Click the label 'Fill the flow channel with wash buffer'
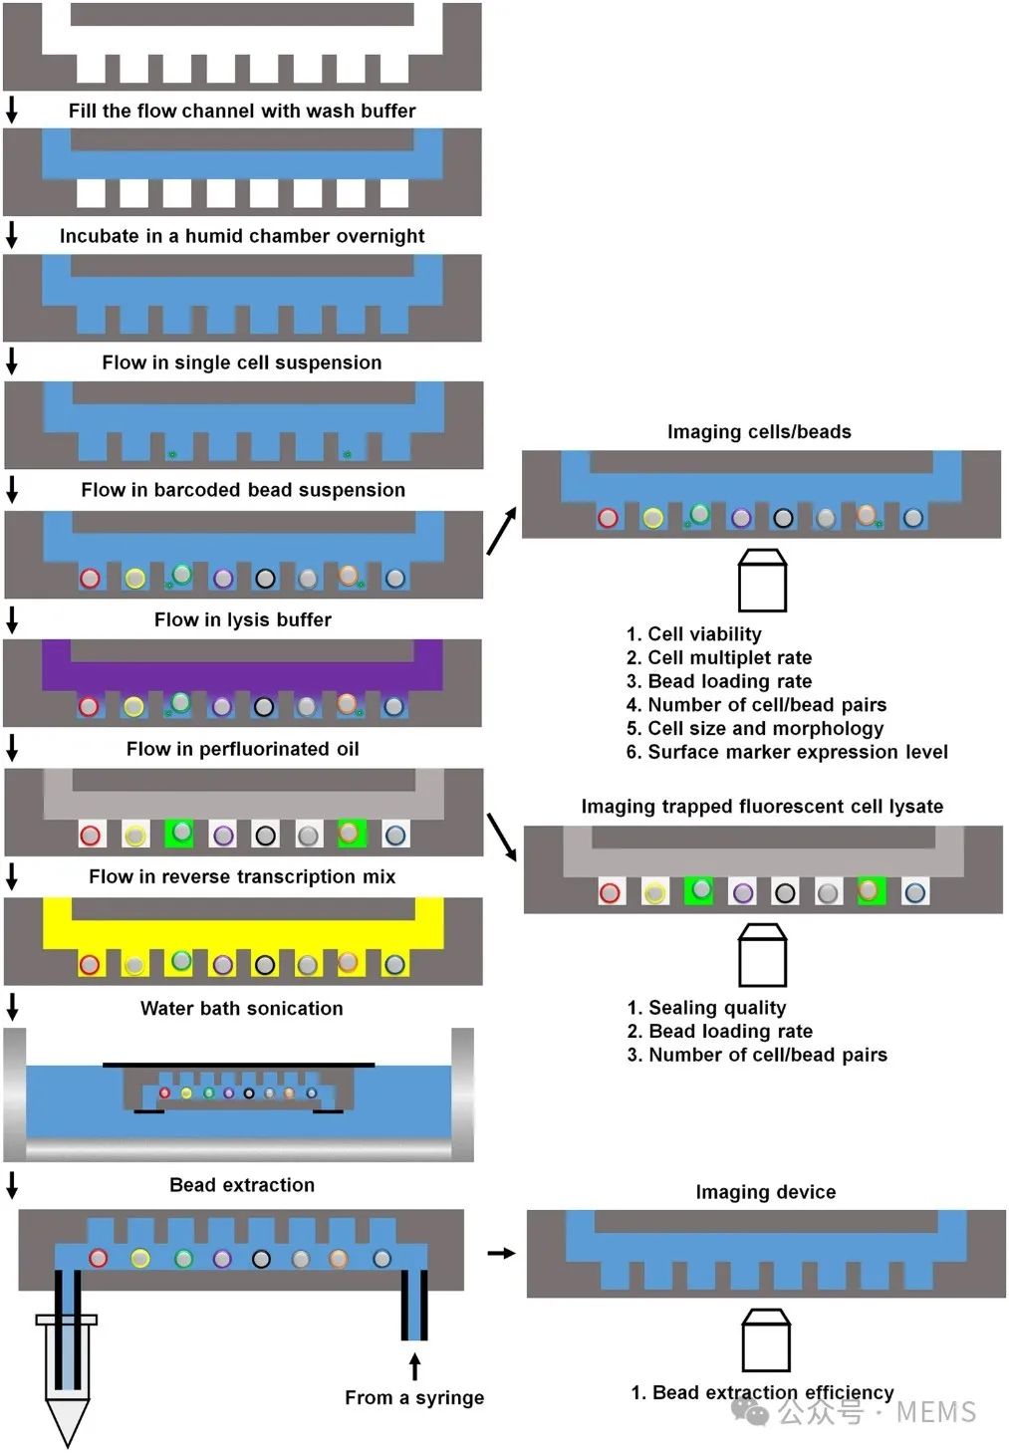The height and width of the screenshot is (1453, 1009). click(x=242, y=111)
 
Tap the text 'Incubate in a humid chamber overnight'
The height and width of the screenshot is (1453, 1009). click(x=242, y=236)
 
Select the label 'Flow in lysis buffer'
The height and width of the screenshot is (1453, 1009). click(x=243, y=619)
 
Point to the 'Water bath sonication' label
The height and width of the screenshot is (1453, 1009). click(x=242, y=1008)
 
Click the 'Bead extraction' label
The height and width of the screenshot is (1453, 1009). click(x=242, y=1185)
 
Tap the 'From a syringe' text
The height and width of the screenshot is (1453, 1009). click(x=414, y=1398)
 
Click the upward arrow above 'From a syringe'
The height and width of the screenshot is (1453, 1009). click(x=414, y=1365)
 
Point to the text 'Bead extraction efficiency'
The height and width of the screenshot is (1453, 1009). click(x=762, y=1392)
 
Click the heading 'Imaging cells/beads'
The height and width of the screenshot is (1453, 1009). click(x=759, y=432)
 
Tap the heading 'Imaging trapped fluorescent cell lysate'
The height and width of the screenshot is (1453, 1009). click(x=762, y=807)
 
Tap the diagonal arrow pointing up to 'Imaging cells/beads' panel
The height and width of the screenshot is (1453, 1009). click(x=502, y=531)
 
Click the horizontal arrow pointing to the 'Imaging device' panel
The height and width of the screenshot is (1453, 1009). click(x=501, y=1253)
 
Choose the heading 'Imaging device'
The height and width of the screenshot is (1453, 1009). click(x=765, y=1192)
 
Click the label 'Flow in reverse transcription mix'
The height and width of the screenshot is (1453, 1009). click(x=242, y=877)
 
